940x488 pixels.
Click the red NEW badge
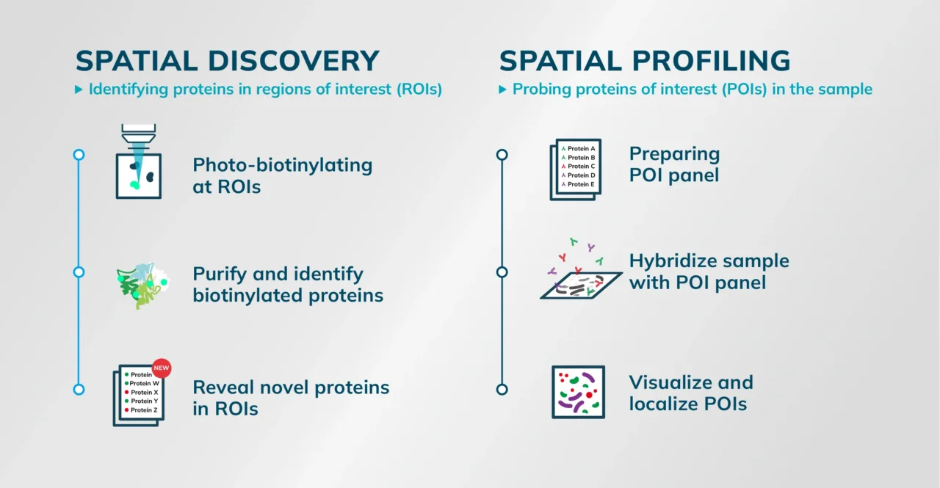point(161,368)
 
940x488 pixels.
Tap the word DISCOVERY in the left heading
point(294,61)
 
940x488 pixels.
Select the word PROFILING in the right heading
point(712,61)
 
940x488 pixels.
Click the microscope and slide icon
point(139,161)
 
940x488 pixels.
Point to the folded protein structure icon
point(142,285)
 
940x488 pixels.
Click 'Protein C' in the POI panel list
point(581,166)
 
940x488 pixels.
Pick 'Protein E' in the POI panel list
point(581,184)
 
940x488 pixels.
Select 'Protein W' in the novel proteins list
point(145,383)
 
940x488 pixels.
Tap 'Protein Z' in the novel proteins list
point(144,410)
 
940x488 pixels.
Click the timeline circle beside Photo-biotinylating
point(79,155)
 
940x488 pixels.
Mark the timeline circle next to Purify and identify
point(79,272)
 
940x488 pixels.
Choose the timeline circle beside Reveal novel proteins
point(79,390)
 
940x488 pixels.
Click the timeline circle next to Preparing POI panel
point(502,155)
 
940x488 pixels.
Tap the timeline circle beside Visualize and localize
point(502,390)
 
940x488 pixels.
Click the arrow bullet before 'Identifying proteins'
point(79,90)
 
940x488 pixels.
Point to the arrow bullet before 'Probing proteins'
point(502,90)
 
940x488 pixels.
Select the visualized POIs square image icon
point(578,392)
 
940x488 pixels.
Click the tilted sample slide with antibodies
point(581,285)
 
